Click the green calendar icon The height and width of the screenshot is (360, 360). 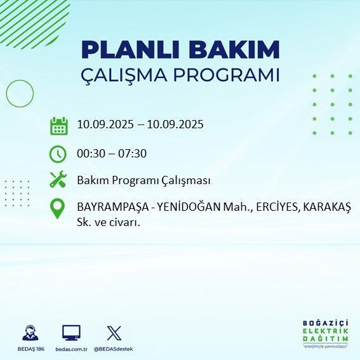[58, 125]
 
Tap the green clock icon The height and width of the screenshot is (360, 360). [58, 153]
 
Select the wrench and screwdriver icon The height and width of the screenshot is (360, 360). [58, 180]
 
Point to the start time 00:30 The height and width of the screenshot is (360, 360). [90, 153]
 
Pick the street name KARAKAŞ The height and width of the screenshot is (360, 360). [327, 207]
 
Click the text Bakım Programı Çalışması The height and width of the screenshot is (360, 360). [143, 180]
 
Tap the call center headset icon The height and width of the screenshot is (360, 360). [30, 333]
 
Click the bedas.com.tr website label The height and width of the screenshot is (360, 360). [71, 349]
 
